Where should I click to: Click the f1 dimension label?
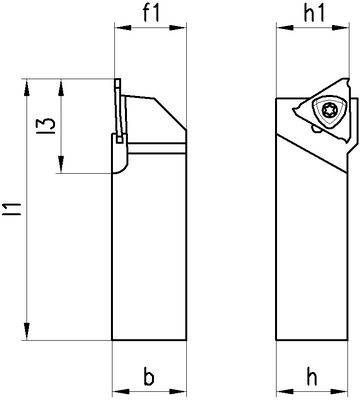click(x=152, y=14)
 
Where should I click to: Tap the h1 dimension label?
click(x=314, y=14)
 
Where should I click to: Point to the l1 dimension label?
click(x=16, y=209)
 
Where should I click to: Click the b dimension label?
click(x=149, y=377)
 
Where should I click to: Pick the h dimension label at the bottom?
click(x=312, y=377)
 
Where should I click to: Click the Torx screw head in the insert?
click(x=330, y=110)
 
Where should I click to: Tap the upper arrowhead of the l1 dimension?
click(x=27, y=88)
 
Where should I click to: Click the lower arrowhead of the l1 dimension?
click(x=27, y=331)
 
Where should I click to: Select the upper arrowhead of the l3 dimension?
click(x=61, y=88)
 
